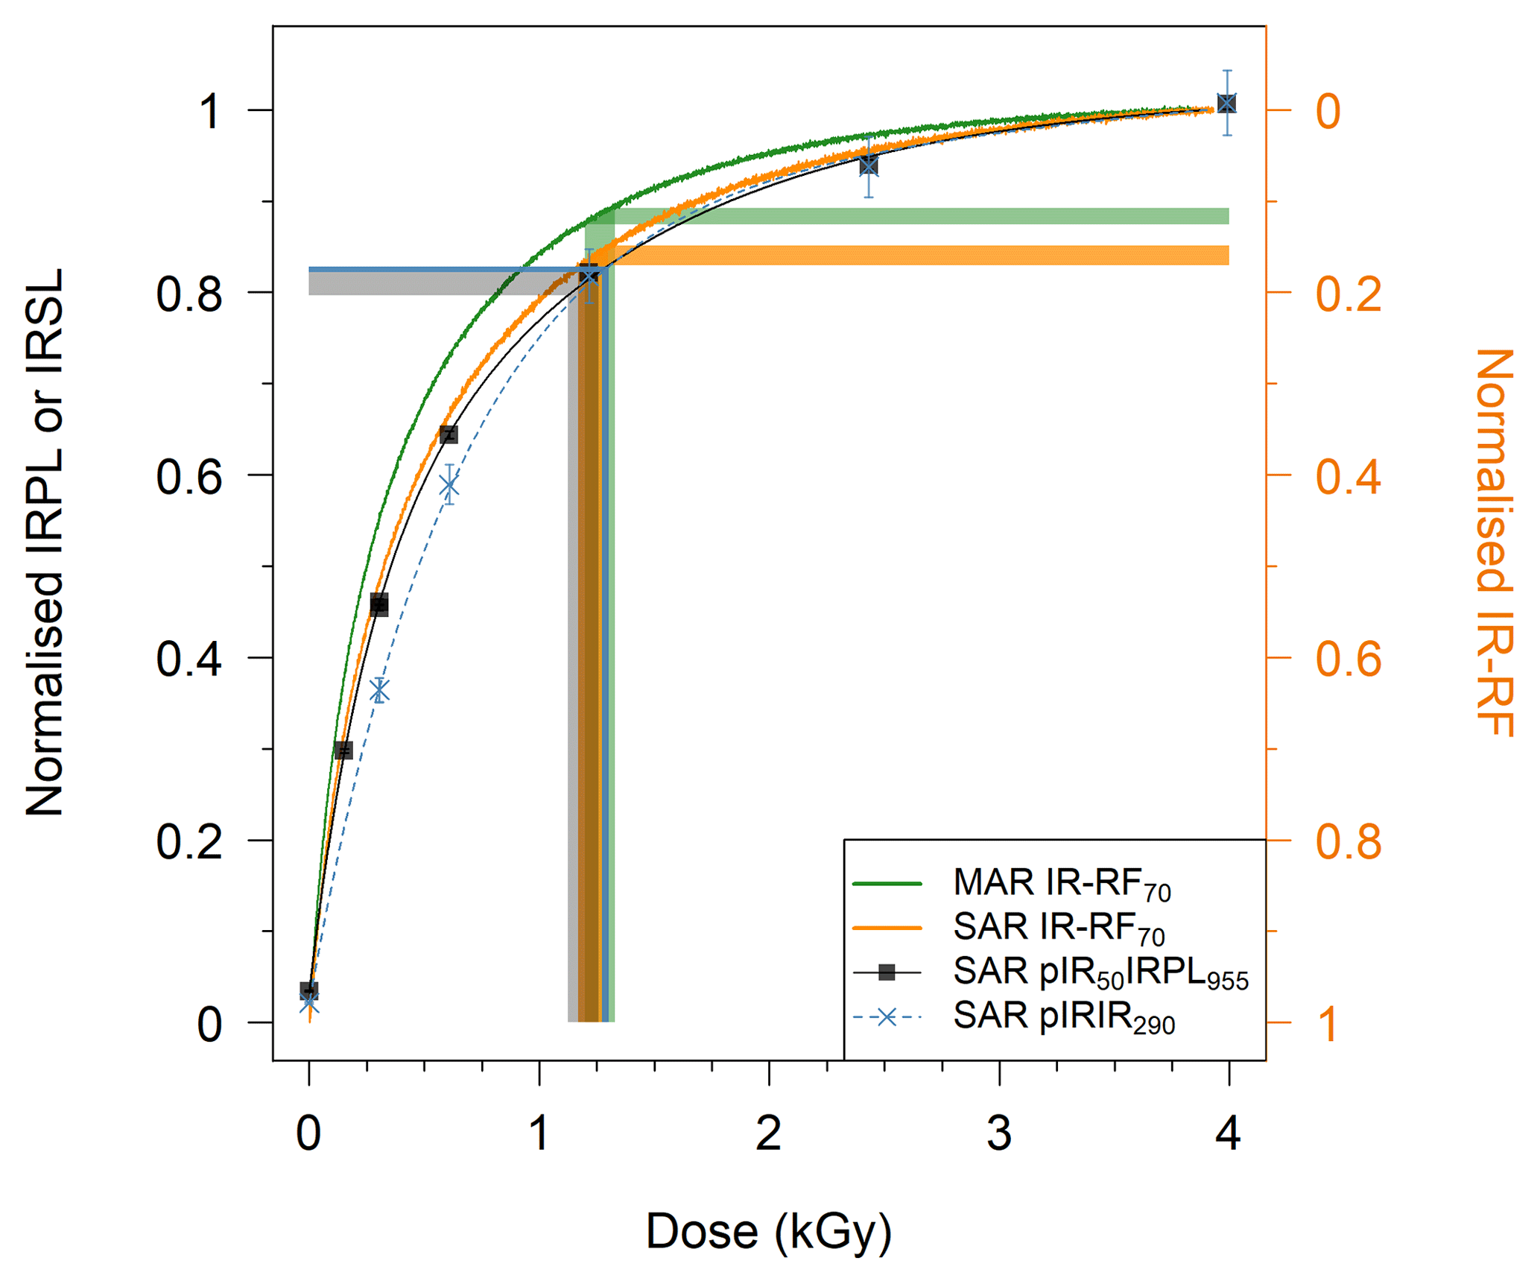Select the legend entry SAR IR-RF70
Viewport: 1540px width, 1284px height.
(1058, 928)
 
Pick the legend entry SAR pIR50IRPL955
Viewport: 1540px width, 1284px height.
(1100, 972)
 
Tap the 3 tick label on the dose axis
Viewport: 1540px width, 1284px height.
(999, 1133)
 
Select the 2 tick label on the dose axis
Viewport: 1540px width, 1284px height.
(768, 1133)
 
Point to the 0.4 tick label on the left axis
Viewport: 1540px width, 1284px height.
(189, 659)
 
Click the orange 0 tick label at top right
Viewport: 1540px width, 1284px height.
(1328, 111)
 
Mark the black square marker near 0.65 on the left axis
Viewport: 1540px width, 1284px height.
(449, 434)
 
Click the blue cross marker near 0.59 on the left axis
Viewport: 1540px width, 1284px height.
(449, 485)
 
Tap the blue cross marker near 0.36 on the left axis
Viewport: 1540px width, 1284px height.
(380, 691)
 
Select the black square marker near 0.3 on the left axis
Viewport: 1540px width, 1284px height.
(343, 750)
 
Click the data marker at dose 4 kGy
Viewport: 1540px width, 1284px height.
(1227, 104)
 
